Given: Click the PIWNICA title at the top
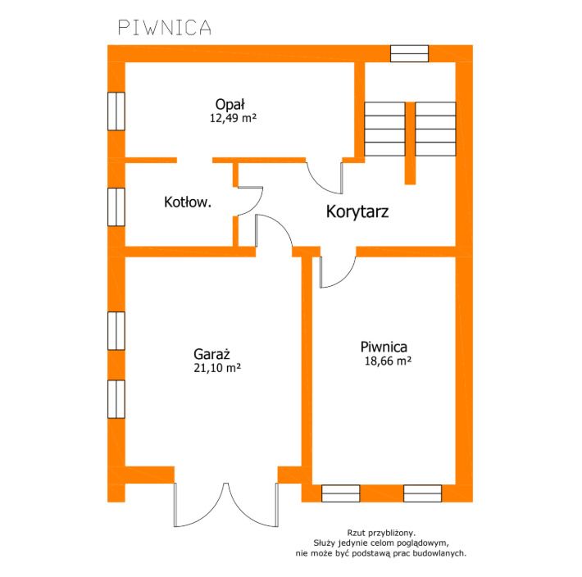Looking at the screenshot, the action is (165, 28).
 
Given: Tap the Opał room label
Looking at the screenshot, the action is (230, 104).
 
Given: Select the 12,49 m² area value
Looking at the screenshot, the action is (233, 118).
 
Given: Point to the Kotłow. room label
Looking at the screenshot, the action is (188, 202).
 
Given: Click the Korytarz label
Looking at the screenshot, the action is (357, 211).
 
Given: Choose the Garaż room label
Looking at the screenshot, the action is (211, 354).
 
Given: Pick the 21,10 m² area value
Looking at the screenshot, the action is (217, 368).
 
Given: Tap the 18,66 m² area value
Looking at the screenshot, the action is (388, 361).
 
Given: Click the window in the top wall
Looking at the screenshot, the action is (409, 53).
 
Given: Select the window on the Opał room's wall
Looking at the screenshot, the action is (116, 111).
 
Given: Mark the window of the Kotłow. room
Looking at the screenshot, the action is (116, 207).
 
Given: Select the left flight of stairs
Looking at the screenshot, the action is (384, 129).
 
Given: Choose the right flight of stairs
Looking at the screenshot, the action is (435, 129).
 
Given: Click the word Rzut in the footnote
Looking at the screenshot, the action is (355, 534).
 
